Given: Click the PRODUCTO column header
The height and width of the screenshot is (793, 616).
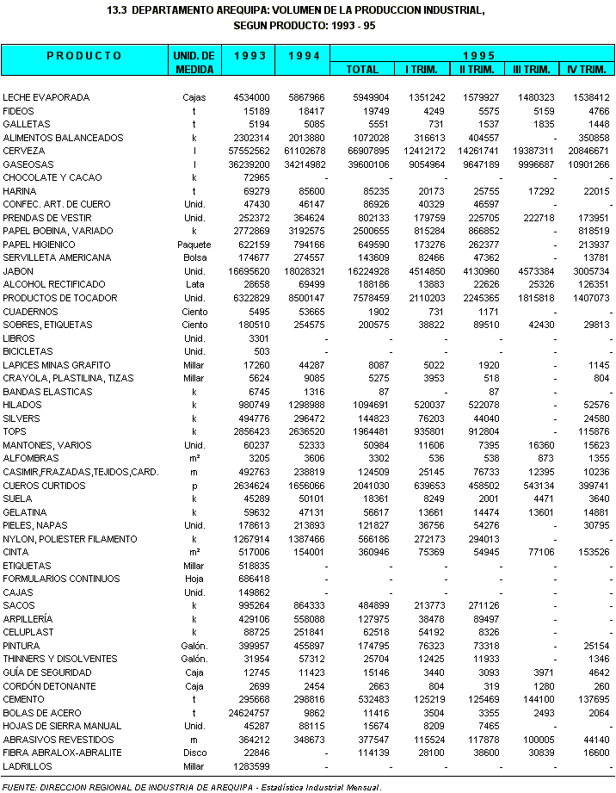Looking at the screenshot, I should click(x=83, y=56).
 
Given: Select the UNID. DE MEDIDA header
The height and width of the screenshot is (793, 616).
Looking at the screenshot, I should click(x=194, y=62).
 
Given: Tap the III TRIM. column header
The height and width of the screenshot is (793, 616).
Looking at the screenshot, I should click(x=531, y=69).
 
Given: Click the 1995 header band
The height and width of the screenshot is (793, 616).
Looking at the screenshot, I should click(x=475, y=54).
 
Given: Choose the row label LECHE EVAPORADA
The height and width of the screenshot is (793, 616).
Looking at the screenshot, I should click(x=46, y=97).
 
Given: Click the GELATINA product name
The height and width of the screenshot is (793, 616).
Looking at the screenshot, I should click(x=25, y=512).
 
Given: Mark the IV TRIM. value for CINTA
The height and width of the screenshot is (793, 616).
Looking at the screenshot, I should click(x=589, y=553).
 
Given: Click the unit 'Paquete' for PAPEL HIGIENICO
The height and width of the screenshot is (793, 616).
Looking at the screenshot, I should click(x=194, y=245).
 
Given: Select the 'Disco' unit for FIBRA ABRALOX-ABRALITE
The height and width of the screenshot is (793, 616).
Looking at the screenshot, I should click(x=194, y=753).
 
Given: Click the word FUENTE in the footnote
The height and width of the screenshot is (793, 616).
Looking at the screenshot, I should click(x=21, y=785).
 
